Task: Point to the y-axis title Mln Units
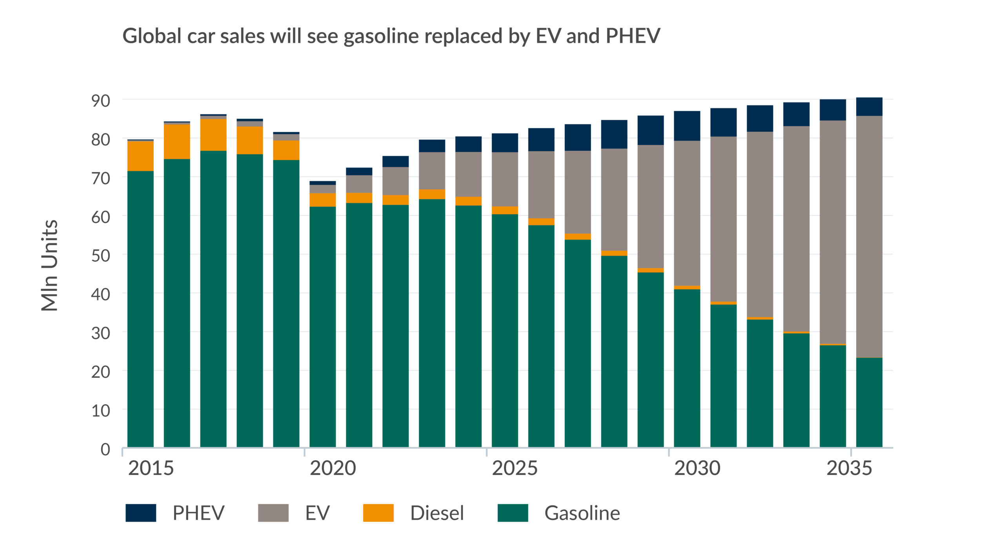(50, 266)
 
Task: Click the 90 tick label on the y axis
(100, 101)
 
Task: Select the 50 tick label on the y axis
(100, 255)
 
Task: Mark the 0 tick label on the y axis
(105, 449)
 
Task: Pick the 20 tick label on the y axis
(100, 371)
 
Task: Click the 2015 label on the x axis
(151, 468)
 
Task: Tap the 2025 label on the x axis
(515, 468)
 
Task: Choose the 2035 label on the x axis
(849, 468)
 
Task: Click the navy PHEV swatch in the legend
(140, 513)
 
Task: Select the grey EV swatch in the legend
(273, 513)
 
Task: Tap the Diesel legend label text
(437, 513)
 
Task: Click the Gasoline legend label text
(582, 513)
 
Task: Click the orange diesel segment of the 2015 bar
(140, 156)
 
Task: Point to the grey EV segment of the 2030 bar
(687, 213)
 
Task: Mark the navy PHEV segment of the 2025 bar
(505, 142)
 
